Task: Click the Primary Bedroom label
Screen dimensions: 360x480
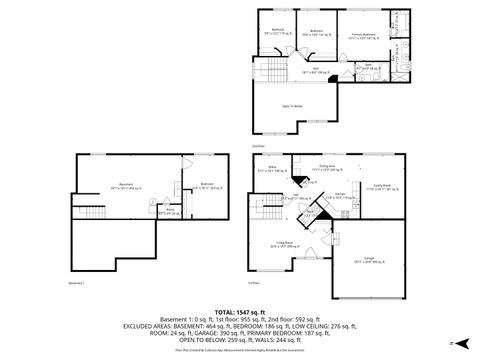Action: pos(369,33)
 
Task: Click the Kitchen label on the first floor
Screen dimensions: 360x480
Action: pos(340,195)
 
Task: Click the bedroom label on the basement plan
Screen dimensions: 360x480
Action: pos(206,186)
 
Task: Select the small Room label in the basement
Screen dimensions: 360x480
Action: pos(170,211)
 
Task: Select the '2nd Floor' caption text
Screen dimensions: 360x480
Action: pos(258,145)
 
